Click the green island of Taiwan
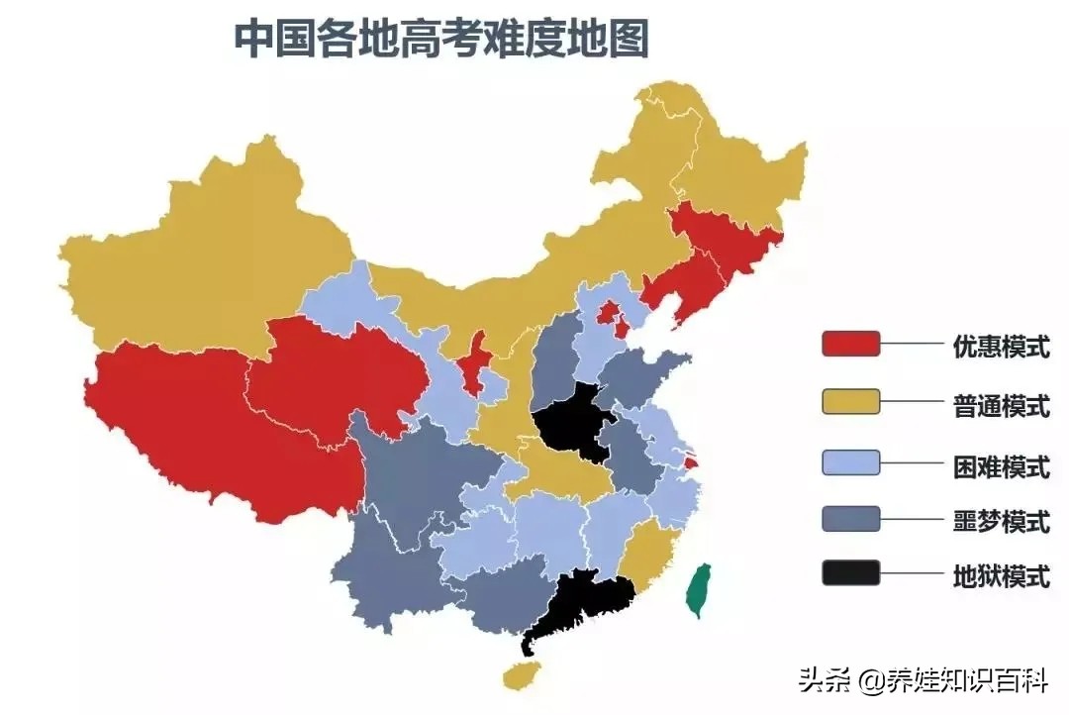[700, 590]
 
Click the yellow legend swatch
[850, 401]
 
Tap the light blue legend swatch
[850, 460]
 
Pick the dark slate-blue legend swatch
[850, 518]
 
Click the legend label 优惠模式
[1001, 347]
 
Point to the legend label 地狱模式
[1001, 576]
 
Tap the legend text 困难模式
[1001, 464]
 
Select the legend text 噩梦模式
[1001, 521]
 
